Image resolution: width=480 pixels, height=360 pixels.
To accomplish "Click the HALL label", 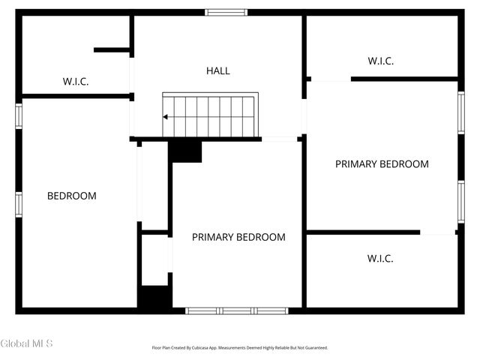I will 218,71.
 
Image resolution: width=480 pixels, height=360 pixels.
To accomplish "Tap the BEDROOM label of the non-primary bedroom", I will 72,196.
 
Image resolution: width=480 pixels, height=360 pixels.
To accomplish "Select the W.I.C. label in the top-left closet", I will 75,82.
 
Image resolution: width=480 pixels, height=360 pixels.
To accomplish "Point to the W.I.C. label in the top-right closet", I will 380,61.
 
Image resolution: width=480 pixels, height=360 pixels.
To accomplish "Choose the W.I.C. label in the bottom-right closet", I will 380,259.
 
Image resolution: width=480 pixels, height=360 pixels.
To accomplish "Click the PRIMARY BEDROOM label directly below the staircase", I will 238,237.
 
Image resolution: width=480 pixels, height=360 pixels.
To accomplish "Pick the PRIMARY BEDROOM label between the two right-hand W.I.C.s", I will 382,164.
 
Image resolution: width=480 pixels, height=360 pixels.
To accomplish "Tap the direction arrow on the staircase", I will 166,117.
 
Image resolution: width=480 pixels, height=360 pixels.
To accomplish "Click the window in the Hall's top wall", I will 226,12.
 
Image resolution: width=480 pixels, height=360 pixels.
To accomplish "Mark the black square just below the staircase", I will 185,151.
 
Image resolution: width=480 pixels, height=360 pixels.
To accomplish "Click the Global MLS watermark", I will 27,343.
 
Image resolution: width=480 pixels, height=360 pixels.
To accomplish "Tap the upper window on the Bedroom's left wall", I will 19,116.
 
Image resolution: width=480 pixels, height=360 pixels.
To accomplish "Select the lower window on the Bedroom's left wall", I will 19,204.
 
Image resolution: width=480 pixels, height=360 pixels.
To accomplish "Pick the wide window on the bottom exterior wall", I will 236,310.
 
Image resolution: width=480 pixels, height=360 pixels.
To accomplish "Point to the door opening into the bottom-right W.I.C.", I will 437,233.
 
